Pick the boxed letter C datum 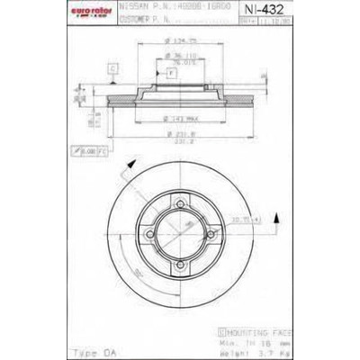(112, 67)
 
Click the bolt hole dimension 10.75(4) (270, 219)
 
